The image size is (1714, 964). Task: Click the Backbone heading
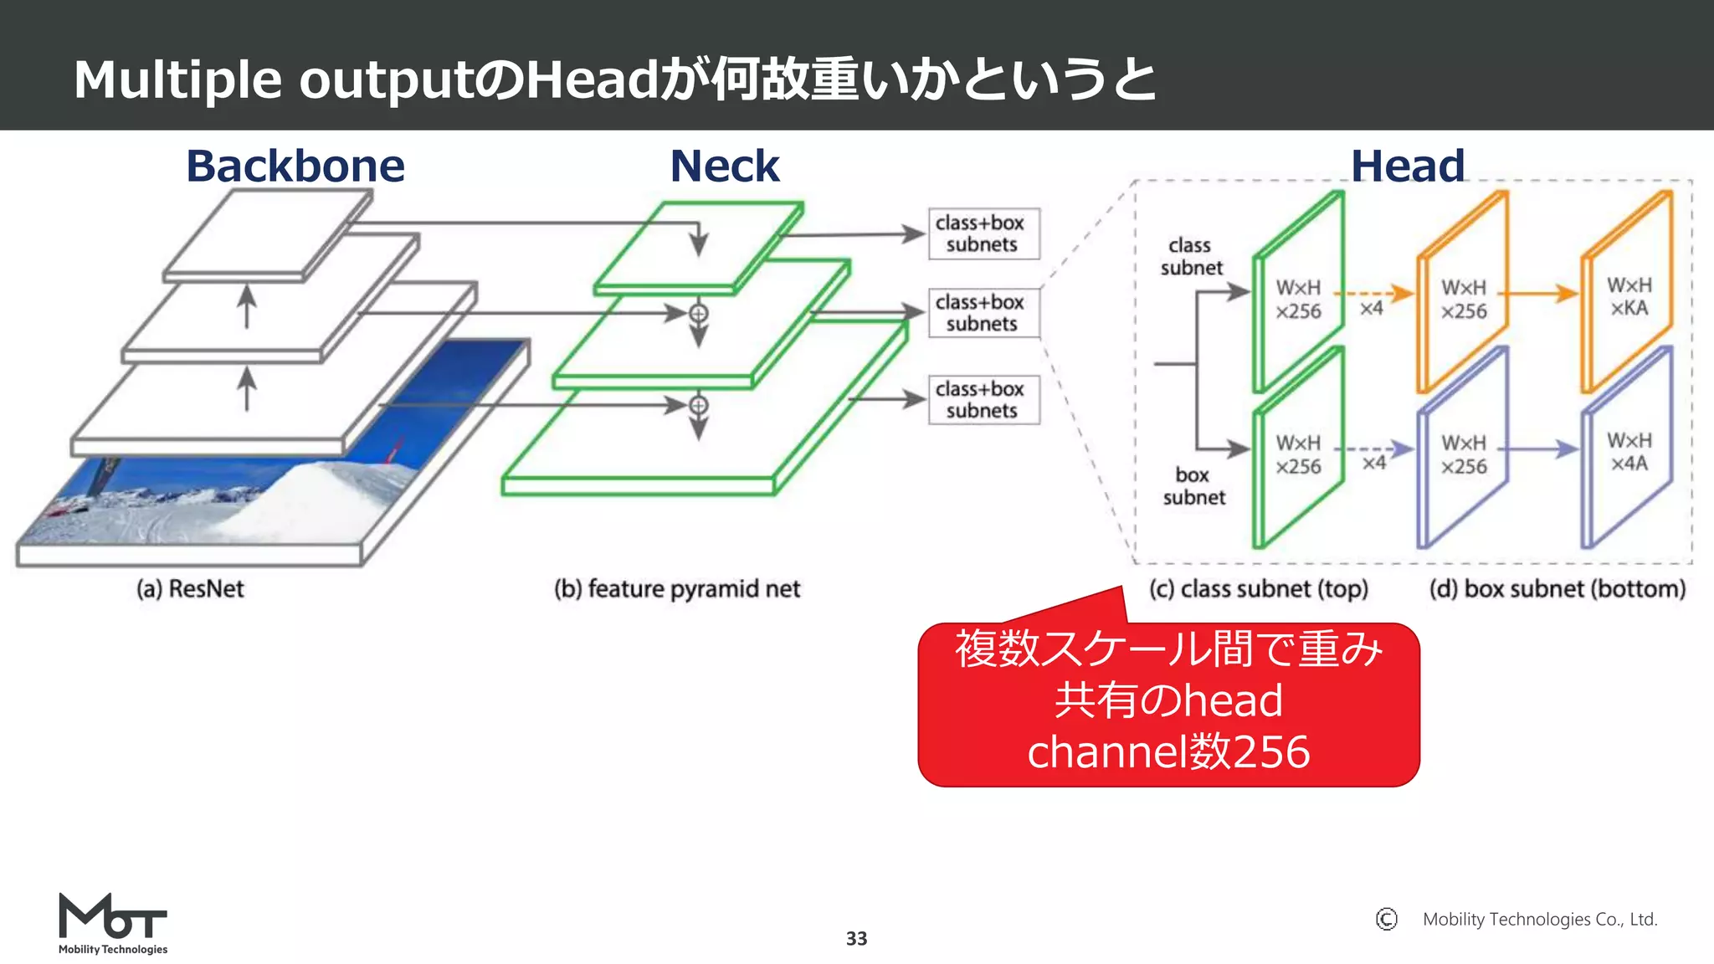click(295, 166)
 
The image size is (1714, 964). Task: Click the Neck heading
click(725, 166)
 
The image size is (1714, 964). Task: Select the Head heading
click(1408, 166)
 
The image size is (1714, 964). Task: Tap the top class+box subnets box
click(983, 233)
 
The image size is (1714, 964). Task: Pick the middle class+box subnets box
click(983, 313)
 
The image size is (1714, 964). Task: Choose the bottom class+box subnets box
click(983, 400)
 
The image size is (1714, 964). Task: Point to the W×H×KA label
click(1629, 296)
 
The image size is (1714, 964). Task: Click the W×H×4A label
click(1629, 452)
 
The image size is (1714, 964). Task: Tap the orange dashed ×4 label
click(1371, 309)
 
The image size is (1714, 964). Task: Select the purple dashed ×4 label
click(1373, 463)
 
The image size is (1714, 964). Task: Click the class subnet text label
click(1191, 256)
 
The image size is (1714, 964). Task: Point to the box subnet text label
click(1193, 486)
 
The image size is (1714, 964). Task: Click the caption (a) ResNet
click(190, 589)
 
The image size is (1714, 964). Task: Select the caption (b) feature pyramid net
click(677, 589)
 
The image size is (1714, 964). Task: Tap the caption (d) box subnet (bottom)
click(1557, 589)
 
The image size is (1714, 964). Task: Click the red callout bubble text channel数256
click(1168, 751)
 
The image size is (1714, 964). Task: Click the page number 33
click(856, 939)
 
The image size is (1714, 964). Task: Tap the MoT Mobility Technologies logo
click(113, 922)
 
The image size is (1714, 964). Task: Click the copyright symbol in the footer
click(1386, 920)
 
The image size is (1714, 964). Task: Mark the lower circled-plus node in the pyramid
click(698, 406)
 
